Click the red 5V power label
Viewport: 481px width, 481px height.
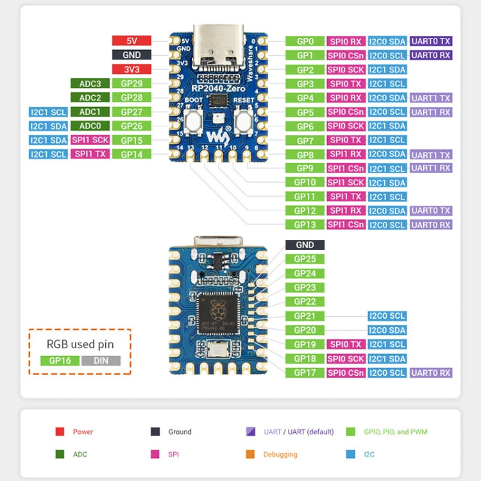click(131, 41)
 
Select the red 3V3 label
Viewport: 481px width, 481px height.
click(131, 69)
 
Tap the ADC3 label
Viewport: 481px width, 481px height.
click(90, 83)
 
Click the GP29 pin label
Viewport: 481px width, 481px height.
click(131, 83)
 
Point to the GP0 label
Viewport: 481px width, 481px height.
click(305, 41)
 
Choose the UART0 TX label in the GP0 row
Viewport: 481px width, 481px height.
click(431, 41)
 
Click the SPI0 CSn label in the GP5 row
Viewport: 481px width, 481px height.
click(346, 112)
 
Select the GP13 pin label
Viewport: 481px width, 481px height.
click(305, 224)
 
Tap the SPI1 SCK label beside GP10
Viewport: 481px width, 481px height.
click(346, 182)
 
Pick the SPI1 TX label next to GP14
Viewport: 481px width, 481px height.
click(90, 154)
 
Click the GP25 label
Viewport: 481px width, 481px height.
click(305, 259)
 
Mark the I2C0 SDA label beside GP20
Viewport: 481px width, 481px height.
click(387, 330)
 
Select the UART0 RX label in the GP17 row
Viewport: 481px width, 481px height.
click(431, 373)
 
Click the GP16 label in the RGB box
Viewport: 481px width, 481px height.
click(60, 360)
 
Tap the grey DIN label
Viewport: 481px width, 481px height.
click(101, 360)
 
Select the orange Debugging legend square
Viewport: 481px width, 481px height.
click(250, 454)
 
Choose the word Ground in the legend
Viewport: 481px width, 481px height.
click(180, 432)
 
